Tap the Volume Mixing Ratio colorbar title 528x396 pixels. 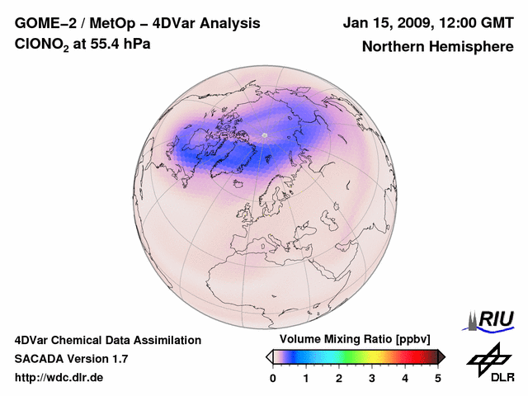point(356,340)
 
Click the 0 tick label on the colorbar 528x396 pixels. point(273,378)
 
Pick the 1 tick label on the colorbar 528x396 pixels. point(306,378)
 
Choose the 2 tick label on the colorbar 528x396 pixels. point(339,378)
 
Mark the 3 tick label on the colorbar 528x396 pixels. point(372,378)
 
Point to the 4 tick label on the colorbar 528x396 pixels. point(405,378)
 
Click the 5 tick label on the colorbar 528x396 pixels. point(438,378)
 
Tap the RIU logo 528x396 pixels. point(493,318)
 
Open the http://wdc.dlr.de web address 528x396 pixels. point(59,378)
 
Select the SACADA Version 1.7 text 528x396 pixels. point(71,359)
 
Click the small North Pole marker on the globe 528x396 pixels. point(264,134)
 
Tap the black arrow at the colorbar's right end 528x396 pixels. point(441,356)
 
